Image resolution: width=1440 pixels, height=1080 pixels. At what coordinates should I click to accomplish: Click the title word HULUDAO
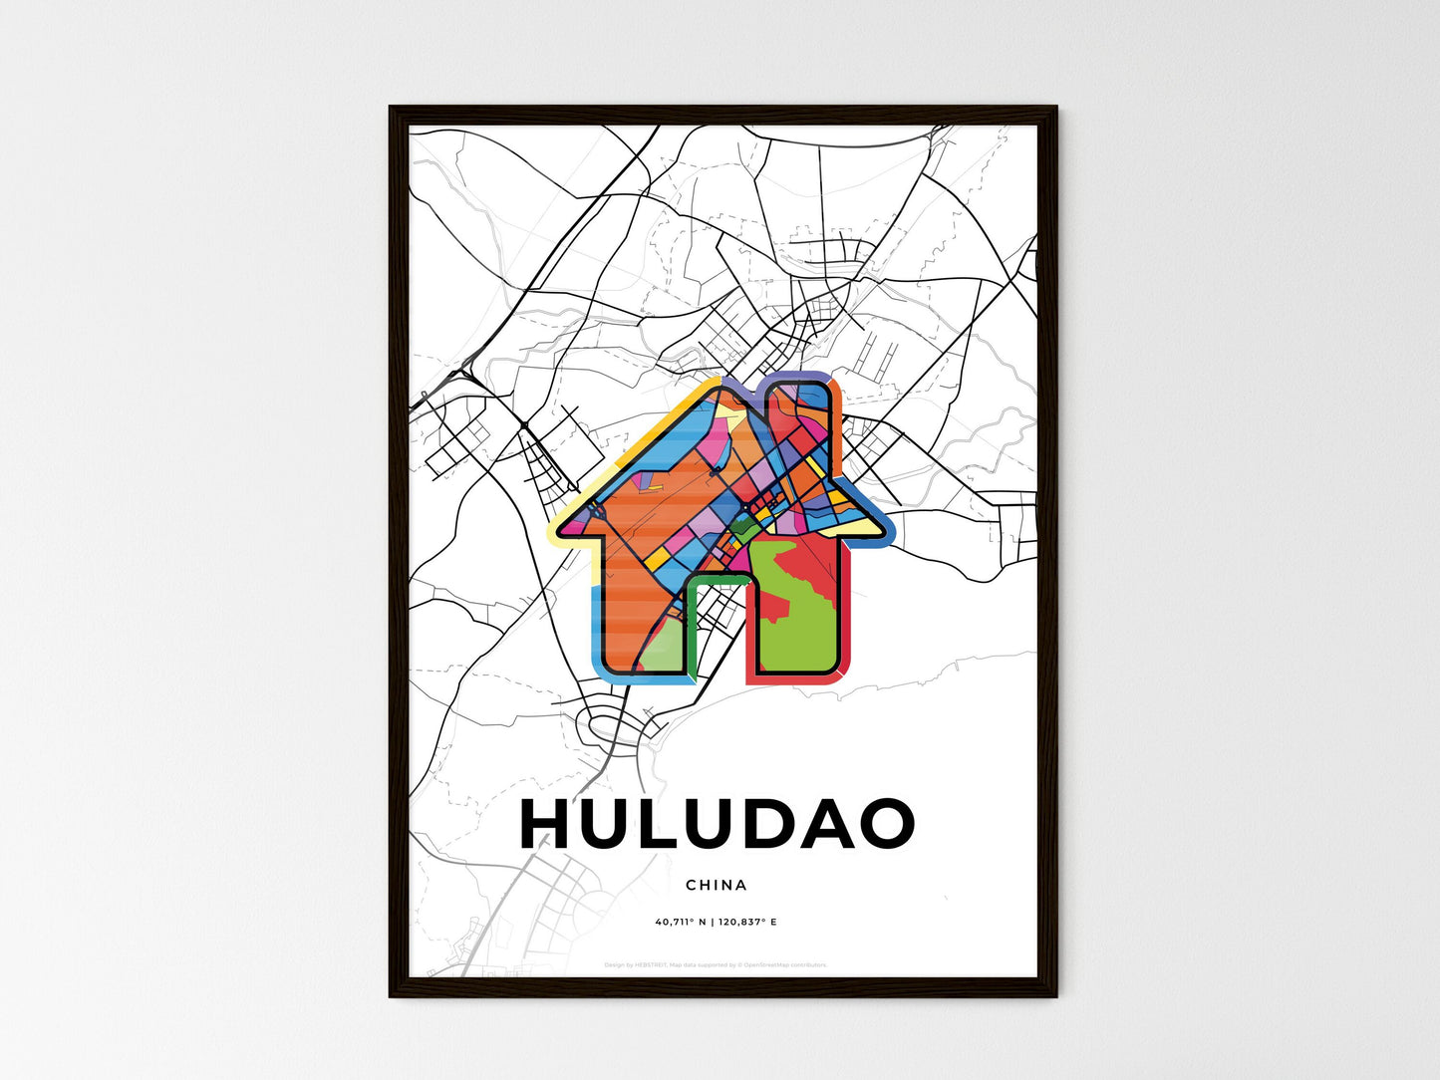tap(717, 824)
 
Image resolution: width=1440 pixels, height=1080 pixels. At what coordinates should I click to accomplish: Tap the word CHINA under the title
tap(717, 885)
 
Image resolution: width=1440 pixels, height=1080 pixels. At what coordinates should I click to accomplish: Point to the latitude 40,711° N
tap(681, 922)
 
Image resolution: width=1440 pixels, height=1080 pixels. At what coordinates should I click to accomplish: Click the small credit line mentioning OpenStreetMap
tap(716, 964)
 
